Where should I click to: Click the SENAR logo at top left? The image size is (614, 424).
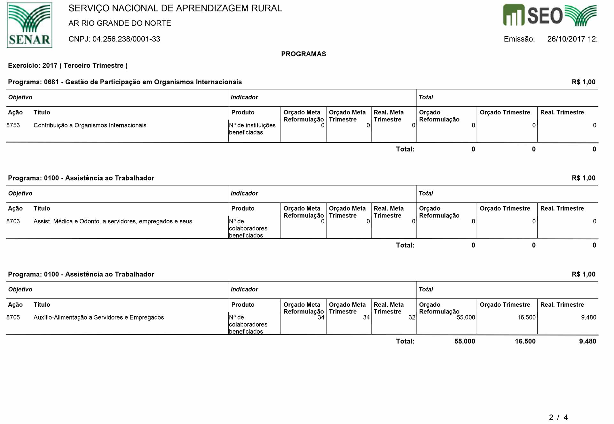[x=29, y=25]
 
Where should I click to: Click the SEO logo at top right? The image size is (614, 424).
[x=550, y=15]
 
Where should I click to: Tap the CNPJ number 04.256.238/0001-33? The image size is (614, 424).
[x=126, y=39]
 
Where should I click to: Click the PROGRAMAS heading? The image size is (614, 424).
[x=303, y=54]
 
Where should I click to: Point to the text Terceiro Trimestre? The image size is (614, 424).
[x=93, y=66]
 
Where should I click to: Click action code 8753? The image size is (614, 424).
[x=13, y=125]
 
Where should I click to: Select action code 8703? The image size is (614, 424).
[x=13, y=221]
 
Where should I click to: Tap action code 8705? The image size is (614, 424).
[x=13, y=317]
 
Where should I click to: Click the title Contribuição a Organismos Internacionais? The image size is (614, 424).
[x=90, y=125]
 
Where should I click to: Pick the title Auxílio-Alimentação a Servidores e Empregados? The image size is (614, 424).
[x=98, y=317]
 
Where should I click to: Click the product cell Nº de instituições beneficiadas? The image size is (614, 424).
[x=252, y=129]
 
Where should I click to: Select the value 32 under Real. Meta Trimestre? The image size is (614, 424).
[x=412, y=317]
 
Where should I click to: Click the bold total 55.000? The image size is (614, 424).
[x=464, y=341]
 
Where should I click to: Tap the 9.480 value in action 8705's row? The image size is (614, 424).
[x=588, y=317]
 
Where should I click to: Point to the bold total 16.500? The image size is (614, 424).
[x=525, y=341]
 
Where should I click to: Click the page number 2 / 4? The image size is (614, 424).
[x=558, y=417]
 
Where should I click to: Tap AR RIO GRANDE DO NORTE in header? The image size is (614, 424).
[x=120, y=23]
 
